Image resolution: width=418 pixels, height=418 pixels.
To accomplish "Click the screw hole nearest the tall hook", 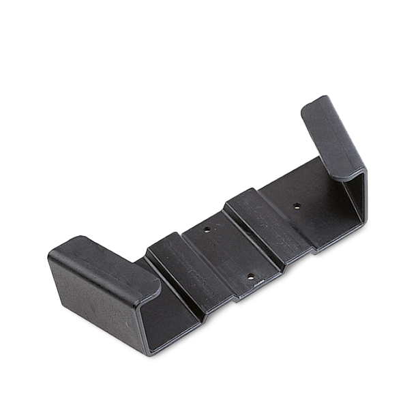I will (297, 205).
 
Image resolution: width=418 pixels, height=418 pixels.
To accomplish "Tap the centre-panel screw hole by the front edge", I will (250, 277).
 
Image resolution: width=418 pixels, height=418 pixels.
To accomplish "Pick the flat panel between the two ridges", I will (225, 252).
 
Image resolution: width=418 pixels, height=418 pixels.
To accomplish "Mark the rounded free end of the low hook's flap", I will (154, 286).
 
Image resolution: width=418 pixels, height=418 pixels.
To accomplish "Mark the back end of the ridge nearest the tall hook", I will (239, 194).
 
